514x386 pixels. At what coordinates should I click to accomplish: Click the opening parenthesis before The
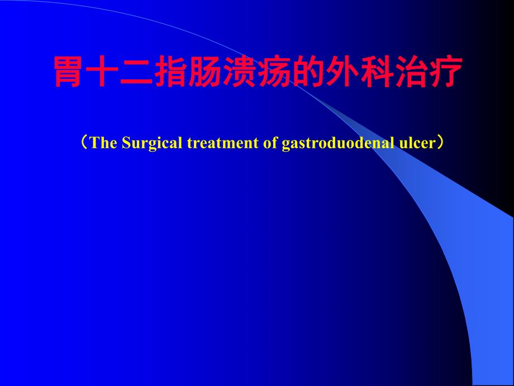[x=83, y=143]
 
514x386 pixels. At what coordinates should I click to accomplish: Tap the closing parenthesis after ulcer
[x=441, y=143]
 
